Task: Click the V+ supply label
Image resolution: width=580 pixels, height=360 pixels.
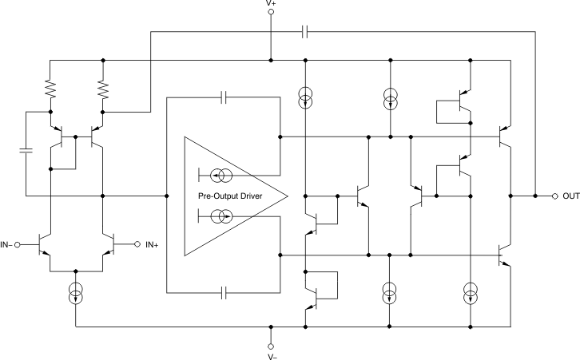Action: pos(271,4)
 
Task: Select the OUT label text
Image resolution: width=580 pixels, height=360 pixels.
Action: pos(570,196)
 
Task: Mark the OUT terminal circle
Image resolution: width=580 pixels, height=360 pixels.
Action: pos(554,196)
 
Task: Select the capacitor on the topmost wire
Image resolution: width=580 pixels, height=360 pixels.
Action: pos(305,33)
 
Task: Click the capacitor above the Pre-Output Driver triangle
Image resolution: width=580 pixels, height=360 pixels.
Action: pos(224,97)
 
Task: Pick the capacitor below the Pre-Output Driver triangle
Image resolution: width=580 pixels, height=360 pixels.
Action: pos(224,293)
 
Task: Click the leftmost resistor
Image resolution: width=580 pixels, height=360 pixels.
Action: pos(50,87)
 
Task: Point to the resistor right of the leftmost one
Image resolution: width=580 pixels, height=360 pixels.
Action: pos(103,87)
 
